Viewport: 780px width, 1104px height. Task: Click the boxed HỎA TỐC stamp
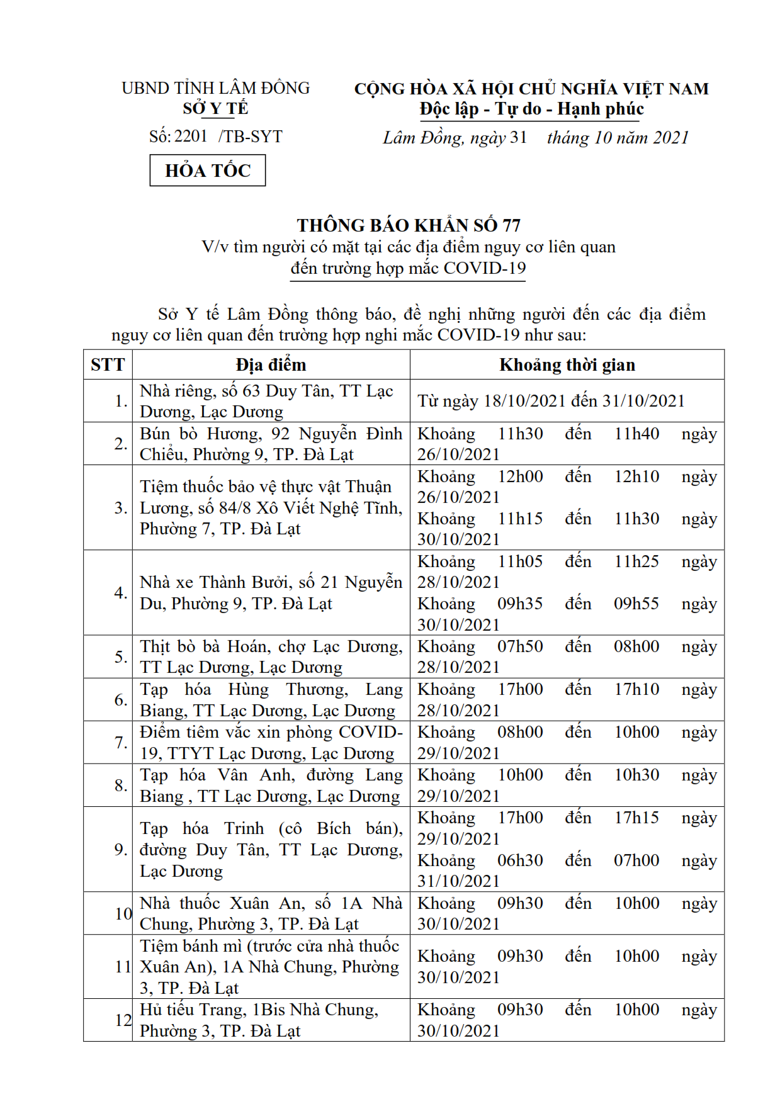(207, 171)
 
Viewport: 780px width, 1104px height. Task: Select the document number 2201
(190, 137)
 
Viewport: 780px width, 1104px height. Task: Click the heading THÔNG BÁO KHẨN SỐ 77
(409, 225)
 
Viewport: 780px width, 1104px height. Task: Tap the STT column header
(108, 365)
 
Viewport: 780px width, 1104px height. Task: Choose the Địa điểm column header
(271, 365)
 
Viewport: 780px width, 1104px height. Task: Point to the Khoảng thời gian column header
(567, 365)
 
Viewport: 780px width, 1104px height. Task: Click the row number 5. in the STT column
(121, 656)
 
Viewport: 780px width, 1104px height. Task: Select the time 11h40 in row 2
(636, 434)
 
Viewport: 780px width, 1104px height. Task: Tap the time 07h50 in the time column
(519, 646)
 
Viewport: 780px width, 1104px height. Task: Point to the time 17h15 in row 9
(636, 818)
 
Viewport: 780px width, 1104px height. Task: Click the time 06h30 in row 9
(519, 860)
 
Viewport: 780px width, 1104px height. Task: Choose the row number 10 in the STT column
(123, 913)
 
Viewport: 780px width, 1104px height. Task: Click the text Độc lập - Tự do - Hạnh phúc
(531, 109)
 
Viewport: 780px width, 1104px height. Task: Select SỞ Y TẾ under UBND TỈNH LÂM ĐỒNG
(215, 109)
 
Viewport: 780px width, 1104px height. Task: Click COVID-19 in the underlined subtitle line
(484, 268)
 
